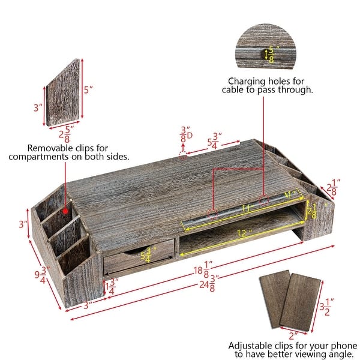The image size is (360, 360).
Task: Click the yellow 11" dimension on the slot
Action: point(245,208)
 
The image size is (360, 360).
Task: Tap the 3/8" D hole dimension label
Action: point(186,134)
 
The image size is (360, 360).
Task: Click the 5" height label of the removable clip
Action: point(89,91)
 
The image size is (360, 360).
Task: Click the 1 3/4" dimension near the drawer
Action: point(109,286)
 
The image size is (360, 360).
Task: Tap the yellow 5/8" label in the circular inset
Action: point(270,55)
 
